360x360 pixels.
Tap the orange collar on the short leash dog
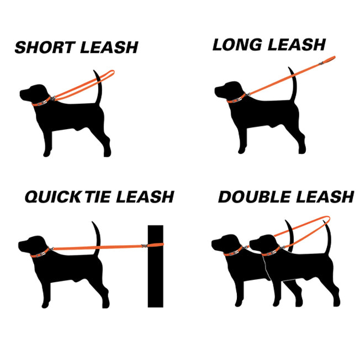tap(40, 102)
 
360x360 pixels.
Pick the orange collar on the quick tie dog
tap(39, 254)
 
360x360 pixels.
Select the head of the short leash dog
tap(33, 92)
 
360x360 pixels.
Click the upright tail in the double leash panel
tap(329, 235)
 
